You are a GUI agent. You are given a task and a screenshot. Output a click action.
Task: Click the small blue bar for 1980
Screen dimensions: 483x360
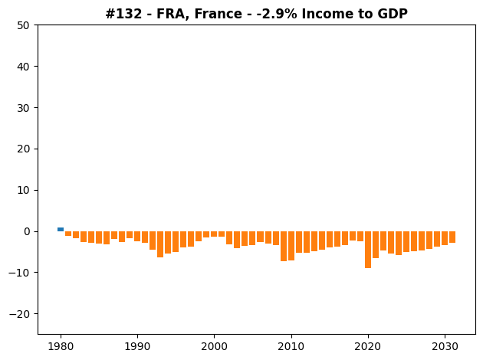[x=61, y=229]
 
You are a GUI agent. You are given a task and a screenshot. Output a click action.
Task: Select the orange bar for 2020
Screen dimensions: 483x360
[x=368, y=250]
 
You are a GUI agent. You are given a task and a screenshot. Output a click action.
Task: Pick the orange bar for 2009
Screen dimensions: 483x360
[x=284, y=246]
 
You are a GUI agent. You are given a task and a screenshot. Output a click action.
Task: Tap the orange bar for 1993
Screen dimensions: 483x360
[x=160, y=244]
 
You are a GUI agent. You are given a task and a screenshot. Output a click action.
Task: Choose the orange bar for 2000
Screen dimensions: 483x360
[x=214, y=234]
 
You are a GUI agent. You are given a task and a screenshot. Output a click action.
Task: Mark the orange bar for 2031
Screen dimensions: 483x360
[x=452, y=237]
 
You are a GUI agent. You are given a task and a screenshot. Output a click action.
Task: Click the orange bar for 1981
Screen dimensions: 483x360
[x=68, y=234]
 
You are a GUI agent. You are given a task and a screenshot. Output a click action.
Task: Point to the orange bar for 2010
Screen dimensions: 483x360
[x=291, y=246]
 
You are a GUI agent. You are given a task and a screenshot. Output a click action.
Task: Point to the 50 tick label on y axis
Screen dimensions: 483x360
[x=24, y=25]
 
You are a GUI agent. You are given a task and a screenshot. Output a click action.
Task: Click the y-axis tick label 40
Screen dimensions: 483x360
[x=24, y=67]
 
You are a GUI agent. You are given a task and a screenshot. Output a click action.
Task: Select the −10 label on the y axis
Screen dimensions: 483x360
[x=19, y=273]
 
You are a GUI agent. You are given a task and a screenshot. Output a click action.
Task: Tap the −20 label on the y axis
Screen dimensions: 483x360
[x=19, y=314]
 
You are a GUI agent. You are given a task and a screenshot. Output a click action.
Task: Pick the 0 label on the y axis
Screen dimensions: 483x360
[x=27, y=231]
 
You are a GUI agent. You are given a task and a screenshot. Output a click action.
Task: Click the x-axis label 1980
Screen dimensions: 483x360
[x=61, y=346]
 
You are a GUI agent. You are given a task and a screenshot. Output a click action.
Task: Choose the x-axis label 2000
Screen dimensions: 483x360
[x=214, y=346]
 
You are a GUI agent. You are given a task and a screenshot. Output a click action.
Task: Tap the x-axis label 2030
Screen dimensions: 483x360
[x=445, y=346]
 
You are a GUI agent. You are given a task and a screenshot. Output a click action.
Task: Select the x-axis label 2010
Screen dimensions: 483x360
[x=291, y=346]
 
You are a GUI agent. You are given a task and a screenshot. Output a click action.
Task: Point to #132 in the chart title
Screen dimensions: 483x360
[x=124, y=14]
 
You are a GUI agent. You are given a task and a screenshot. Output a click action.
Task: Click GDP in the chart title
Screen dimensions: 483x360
[x=393, y=14]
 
